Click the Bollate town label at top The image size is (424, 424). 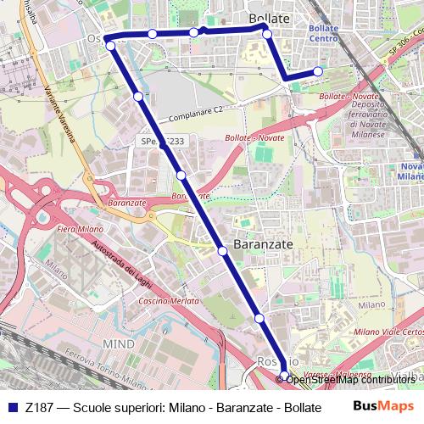[270, 18]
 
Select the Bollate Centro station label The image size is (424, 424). [324, 33]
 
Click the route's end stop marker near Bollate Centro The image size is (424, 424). [318, 72]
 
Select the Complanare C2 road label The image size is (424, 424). [195, 112]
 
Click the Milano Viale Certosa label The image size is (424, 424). [388, 332]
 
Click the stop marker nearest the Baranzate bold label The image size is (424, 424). [223, 250]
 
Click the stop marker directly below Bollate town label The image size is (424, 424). [266, 34]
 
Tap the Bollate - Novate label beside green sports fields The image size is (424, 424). [255, 137]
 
